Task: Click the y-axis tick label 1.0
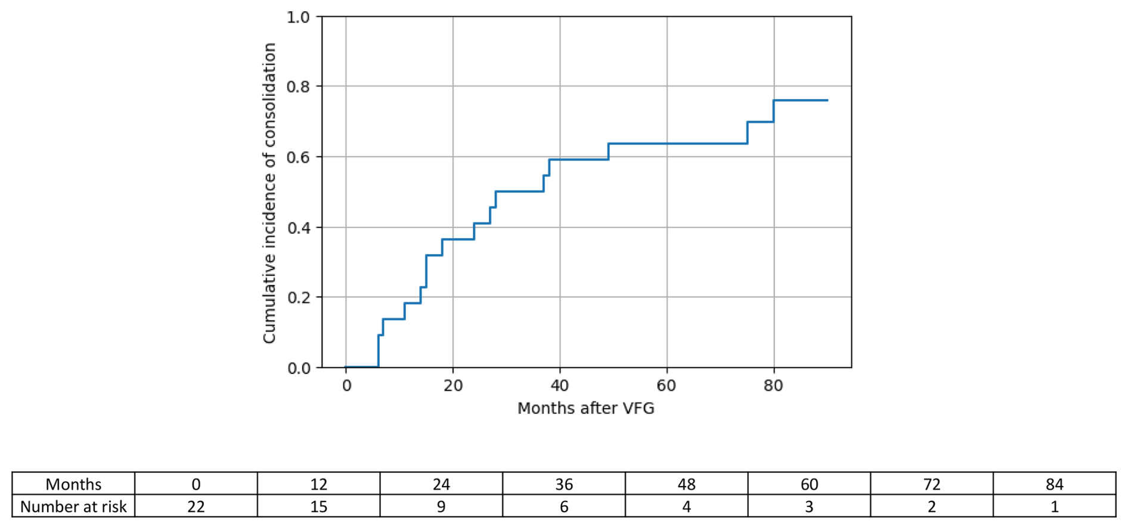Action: [298, 17]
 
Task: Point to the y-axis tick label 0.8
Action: [298, 87]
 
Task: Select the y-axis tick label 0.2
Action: [298, 298]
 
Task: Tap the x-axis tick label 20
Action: [453, 386]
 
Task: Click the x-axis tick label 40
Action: [560, 386]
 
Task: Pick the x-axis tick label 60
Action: [667, 386]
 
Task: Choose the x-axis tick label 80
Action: [773, 386]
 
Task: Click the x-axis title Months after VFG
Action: [586, 409]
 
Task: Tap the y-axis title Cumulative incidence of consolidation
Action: [269, 193]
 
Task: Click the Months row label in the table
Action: [74, 484]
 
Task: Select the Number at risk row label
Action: [74, 506]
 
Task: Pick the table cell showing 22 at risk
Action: [196, 506]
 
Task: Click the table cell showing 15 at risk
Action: [319, 506]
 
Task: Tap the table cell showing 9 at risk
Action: [441, 506]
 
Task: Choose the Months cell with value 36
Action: [564, 484]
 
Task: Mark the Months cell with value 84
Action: [1055, 484]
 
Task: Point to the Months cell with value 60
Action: [809, 484]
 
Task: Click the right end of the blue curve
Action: [828, 100]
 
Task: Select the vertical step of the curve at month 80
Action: [774, 111]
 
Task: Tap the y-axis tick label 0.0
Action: [298, 368]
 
